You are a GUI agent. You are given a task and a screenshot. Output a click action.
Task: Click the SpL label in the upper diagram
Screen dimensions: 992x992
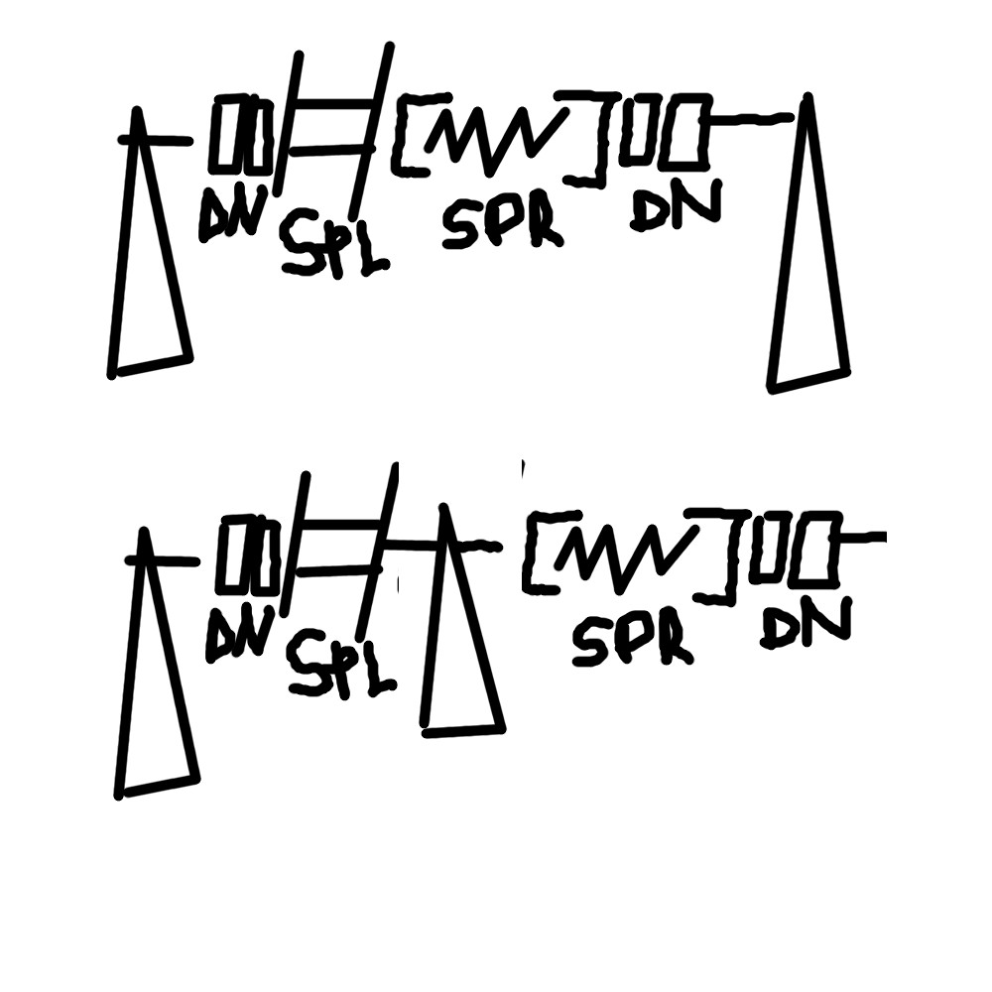pos(334,244)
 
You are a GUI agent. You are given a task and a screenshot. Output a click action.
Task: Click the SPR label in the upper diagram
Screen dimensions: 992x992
pos(502,225)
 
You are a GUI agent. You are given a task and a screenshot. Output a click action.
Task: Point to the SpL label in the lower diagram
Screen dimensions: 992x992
pos(341,664)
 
